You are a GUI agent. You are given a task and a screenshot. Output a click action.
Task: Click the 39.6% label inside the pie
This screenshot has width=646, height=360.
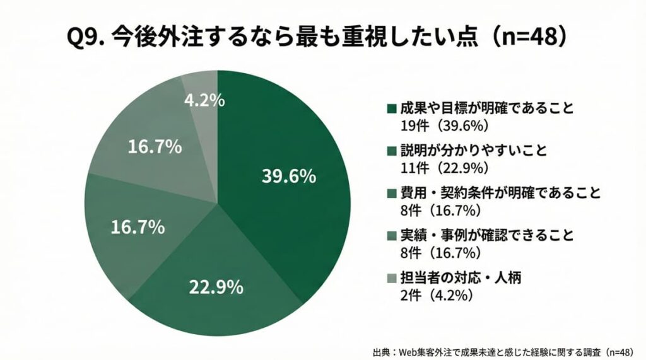coord(288,177)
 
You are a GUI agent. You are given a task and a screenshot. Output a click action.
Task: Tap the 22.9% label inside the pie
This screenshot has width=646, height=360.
coord(216,287)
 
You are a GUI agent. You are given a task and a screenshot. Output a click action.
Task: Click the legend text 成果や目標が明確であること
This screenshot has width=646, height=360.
coord(487,108)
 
